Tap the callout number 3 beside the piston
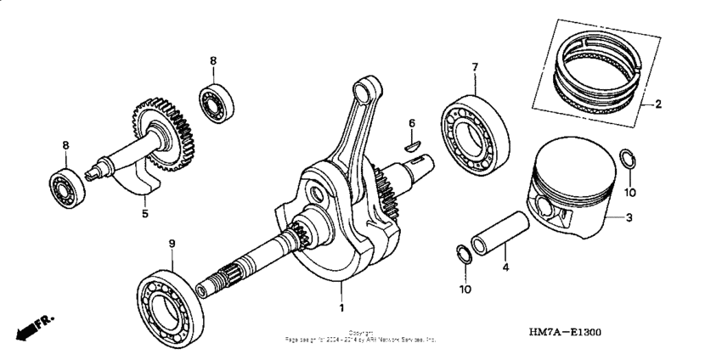click(629, 218)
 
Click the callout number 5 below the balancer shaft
click(144, 214)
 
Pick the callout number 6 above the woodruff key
click(412, 124)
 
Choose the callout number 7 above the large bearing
click(475, 67)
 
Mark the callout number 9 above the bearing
click(172, 244)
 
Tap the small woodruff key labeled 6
click(412, 144)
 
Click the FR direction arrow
click(33, 326)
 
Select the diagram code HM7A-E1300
click(565, 333)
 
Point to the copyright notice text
click(360, 336)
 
